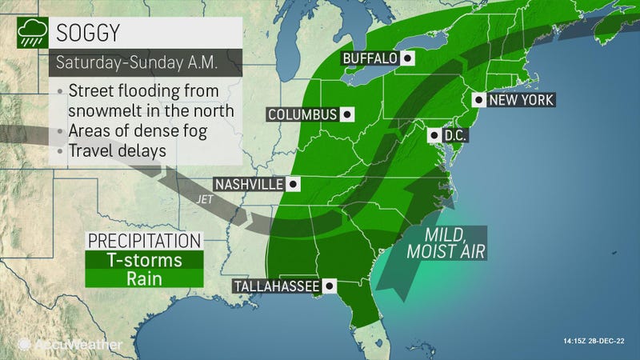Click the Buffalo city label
370,58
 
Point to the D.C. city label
455,135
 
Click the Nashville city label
249,185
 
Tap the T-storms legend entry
145,260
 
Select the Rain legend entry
145,278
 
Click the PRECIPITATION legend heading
144,241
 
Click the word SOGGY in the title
89,34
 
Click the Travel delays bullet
117,149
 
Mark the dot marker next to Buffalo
408,58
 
